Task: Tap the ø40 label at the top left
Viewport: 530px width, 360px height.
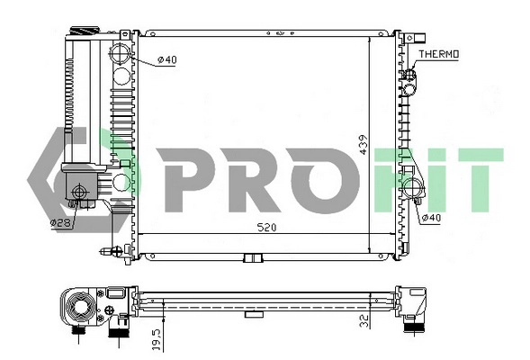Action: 167,60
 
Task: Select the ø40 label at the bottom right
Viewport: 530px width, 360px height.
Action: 432,217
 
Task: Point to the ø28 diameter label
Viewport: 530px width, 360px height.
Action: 59,221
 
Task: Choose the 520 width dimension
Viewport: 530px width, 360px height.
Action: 265,227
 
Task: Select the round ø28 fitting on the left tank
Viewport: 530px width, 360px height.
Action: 81,192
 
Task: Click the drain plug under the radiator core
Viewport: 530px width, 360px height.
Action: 254,259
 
